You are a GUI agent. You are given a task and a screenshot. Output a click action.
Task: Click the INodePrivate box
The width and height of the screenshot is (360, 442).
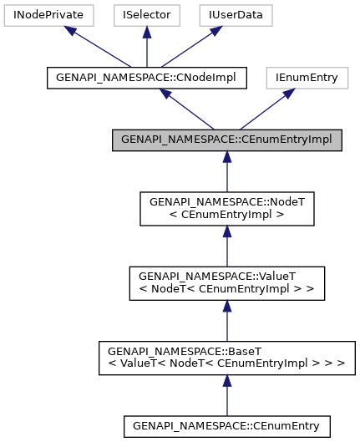(46, 15)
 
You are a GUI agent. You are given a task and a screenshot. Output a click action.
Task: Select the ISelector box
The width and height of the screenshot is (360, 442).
(146, 15)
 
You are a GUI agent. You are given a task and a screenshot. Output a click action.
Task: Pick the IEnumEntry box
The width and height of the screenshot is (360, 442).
(307, 78)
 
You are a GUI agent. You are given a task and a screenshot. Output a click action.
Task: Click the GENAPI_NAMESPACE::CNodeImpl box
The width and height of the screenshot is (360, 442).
(146, 78)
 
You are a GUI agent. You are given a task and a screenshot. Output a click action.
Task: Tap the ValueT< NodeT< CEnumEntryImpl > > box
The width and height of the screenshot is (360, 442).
(226, 283)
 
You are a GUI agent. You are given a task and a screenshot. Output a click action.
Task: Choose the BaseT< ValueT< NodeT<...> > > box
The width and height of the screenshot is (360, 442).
(226, 357)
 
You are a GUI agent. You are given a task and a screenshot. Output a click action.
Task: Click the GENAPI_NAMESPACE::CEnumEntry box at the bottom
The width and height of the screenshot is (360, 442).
(226, 425)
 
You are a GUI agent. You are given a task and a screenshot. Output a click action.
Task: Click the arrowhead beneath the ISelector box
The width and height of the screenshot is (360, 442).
(146, 33)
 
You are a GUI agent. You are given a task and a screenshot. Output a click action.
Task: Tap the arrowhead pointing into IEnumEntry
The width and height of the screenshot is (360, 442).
(286, 94)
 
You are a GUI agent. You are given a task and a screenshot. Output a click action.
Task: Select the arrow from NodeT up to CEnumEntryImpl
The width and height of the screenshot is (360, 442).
(226, 172)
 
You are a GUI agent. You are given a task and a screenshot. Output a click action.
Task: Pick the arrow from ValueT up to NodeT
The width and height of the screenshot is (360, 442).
(226, 246)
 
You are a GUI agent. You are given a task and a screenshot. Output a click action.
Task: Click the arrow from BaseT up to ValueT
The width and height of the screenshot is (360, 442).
(226, 320)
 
